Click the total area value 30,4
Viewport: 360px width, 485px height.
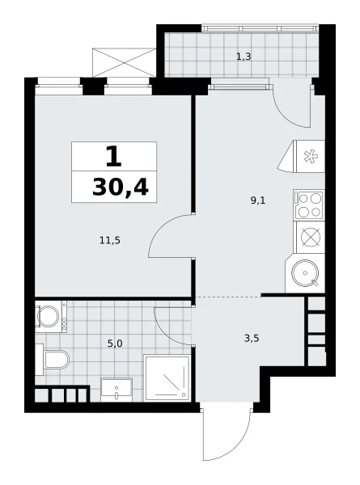(121, 188)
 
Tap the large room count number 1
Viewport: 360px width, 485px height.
(113, 157)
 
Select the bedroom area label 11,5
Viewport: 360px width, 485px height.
(110, 240)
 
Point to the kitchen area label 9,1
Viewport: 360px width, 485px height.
(258, 200)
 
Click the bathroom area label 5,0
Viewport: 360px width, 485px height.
(115, 344)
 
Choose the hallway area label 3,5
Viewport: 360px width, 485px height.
(252, 339)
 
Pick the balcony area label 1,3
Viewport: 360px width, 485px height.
(244, 57)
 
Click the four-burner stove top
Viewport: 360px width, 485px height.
(309, 205)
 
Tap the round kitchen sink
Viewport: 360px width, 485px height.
(305, 273)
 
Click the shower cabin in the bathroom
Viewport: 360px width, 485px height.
(167, 377)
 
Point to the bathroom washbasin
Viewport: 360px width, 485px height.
(116, 390)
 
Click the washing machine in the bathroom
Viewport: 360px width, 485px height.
(51, 316)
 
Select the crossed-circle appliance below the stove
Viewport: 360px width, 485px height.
(311, 238)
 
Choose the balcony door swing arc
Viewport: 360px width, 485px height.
(286, 115)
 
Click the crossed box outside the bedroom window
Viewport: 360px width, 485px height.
(124, 62)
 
